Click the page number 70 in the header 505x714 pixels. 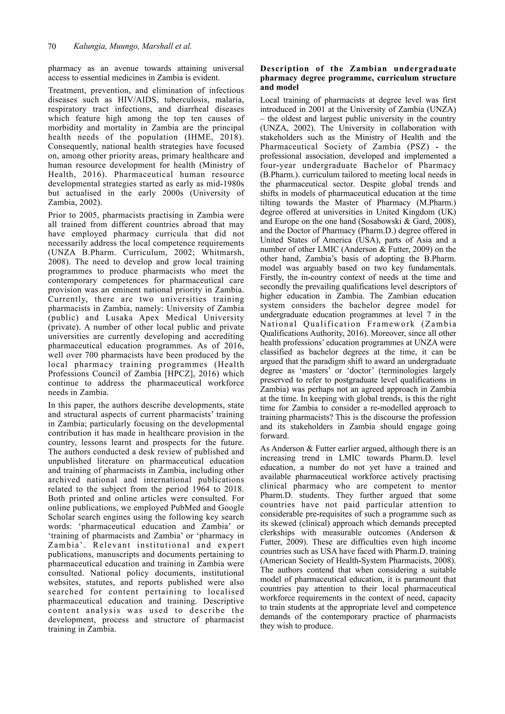point(52,47)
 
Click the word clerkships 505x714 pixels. point(278,533)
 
